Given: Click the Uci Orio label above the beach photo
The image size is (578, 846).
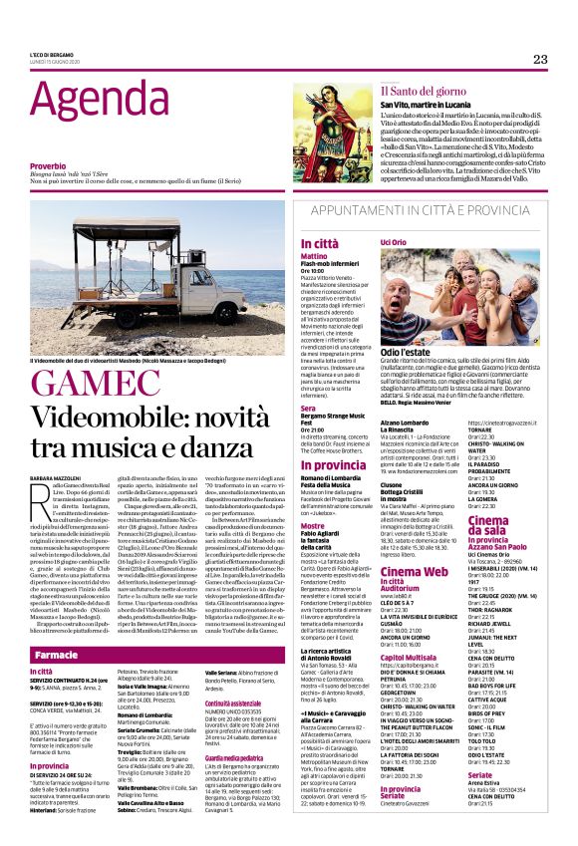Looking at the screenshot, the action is pyautogui.click(x=393, y=242).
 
